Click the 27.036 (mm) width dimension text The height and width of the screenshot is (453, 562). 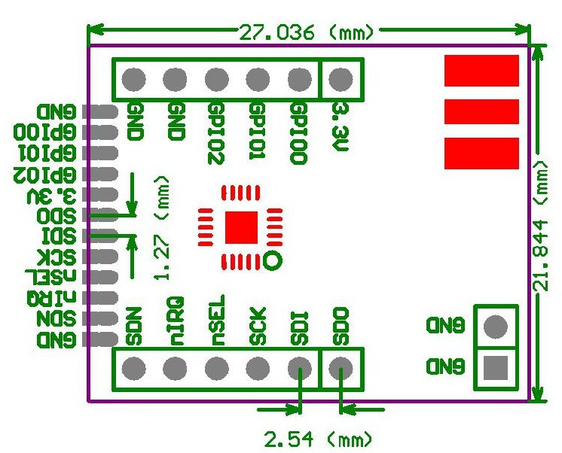(x=308, y=32)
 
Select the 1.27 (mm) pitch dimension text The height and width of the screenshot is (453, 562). (x=160, y=229)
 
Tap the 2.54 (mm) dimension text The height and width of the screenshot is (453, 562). (x=316, y=437)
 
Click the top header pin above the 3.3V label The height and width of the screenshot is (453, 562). (x=341, y=79)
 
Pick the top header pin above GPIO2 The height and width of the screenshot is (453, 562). (x=217, y=79)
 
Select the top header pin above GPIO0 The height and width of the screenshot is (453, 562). (x=300, y=79)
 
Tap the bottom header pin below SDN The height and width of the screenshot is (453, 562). (x=134, y=369)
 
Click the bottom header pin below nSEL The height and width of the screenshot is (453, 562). (x=217, y=369)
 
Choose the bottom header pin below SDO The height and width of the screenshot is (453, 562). (x=341, y=369)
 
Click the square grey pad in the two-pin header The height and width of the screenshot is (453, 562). (x=495, y=368)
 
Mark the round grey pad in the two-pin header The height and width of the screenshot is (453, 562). (x=495, y=327)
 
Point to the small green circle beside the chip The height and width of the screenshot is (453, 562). (x=274, y=260)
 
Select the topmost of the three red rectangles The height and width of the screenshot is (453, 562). (x=481, y=71)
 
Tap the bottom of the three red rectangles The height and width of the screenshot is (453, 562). (x=481, y=154)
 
